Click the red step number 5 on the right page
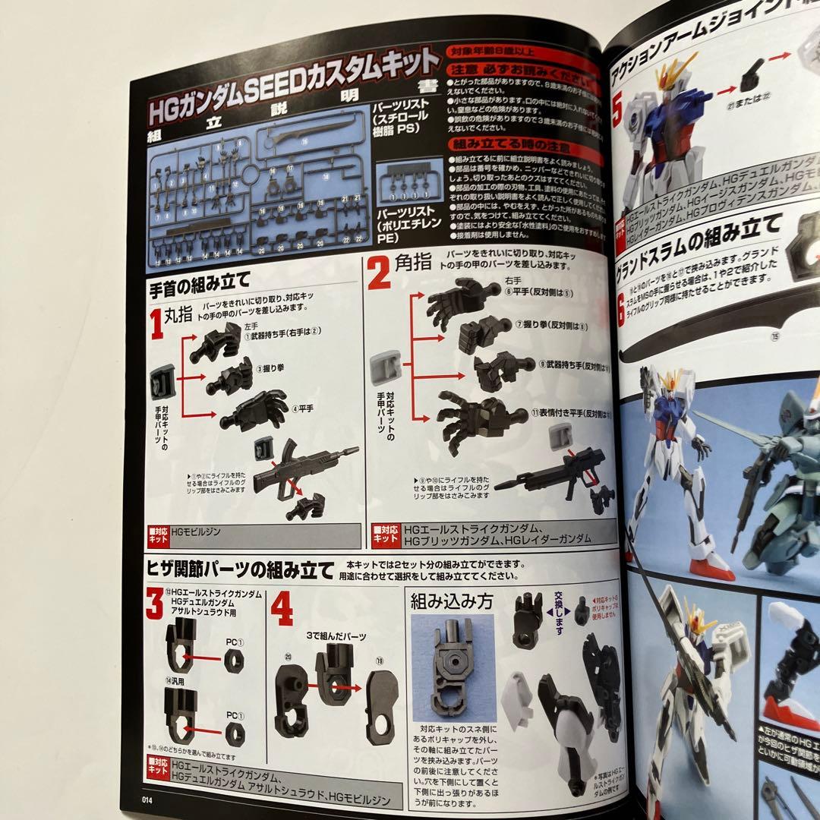coord(618,106)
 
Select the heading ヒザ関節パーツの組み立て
coord(240,569)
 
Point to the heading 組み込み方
coord(451,601)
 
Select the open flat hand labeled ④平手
coord(254,411)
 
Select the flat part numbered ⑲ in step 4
coord(380,705)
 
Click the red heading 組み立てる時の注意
coord(501,143)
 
